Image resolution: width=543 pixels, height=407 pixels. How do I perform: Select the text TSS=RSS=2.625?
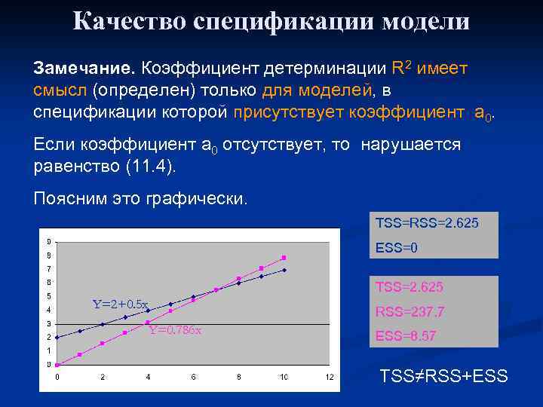click(426, 224)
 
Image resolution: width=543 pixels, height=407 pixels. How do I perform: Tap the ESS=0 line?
click(397, 247)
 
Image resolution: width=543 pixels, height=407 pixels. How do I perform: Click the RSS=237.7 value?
click(410, 311)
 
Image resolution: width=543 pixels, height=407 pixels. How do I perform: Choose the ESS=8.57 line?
click(406, 336)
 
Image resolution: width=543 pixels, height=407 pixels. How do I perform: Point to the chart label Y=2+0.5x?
click(121, 304)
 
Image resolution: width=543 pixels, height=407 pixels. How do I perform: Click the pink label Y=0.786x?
click(174, 330)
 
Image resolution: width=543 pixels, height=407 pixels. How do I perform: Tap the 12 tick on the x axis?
click(329, 377)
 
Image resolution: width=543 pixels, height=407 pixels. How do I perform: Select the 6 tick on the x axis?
click(193, 377)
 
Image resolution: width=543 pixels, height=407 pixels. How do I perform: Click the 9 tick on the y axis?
click(49, 242)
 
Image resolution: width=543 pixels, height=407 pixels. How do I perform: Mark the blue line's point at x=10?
click(284, 270)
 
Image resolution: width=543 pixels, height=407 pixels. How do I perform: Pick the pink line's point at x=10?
click(284, 257)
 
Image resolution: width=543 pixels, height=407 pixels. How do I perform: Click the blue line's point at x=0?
click(57, 337)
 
